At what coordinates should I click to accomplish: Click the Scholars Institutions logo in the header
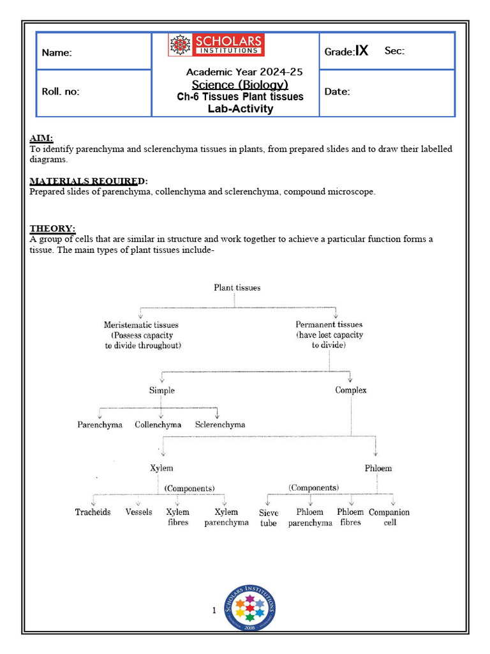216,45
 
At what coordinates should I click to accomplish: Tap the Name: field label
57,53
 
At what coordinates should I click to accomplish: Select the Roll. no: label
61,91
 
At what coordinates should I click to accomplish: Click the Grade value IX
362,51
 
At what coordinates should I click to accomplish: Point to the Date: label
337,92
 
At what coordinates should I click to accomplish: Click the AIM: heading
41,138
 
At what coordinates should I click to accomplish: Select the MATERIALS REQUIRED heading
89,181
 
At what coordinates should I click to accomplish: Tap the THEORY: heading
52,229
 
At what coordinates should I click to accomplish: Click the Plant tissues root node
237,287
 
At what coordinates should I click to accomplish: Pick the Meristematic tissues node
141,335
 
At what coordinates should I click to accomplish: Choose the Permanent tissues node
329,335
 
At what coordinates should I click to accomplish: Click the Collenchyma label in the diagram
158,425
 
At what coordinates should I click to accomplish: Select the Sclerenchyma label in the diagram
220,425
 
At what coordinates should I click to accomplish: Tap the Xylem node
161,468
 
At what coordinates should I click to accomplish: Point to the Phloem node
378,468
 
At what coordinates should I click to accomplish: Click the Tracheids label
93,512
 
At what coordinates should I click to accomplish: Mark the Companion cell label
389,517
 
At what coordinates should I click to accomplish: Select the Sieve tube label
269,518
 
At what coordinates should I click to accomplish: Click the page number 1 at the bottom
214,611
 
